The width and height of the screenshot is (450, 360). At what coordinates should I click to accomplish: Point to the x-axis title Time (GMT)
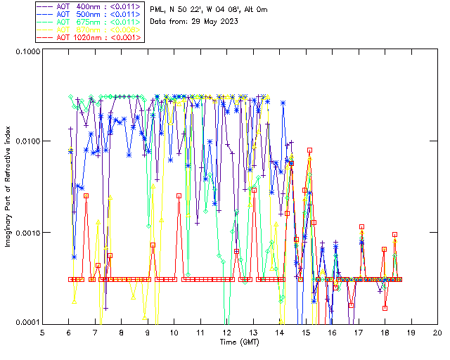(240, 342)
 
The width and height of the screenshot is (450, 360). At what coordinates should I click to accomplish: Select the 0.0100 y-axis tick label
(28, 142)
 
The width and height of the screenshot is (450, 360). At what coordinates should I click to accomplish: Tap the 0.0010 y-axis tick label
(28, 233)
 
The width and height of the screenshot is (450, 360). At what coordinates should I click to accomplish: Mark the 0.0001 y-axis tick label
(28, 323)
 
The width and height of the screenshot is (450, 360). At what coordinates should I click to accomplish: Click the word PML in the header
(157, 9)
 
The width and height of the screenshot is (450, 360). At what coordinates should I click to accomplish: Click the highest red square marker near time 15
(309, 150)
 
